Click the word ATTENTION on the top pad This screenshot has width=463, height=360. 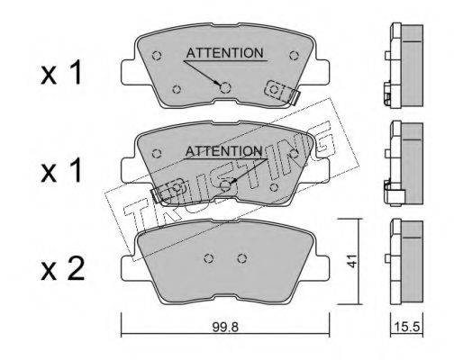click(224, 53)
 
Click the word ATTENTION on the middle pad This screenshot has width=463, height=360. click(223, 151)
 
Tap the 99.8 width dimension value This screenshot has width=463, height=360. click(225, 327)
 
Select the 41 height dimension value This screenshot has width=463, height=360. click(352, 261)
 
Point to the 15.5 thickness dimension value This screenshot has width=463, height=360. click(407, 326)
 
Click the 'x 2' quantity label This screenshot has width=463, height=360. click(62, 269)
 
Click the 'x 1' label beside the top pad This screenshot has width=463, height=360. click(61, 72)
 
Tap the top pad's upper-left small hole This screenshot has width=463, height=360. click(157, 56)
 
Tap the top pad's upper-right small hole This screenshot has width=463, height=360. click(294, 56)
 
